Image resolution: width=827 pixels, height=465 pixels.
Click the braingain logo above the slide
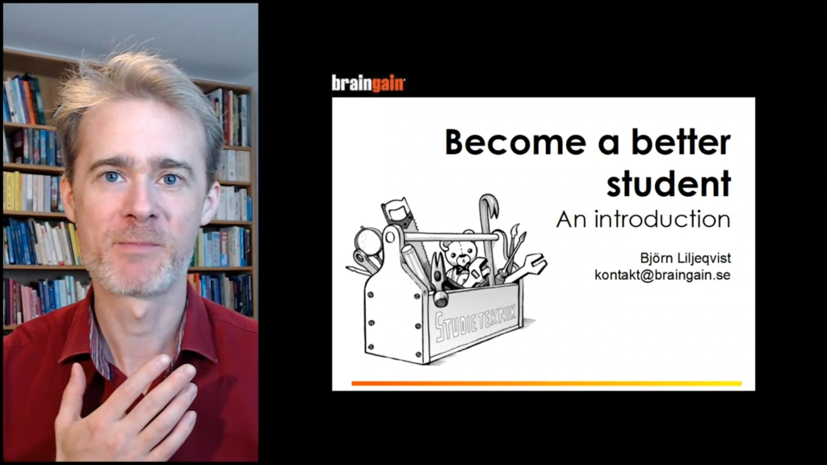pyautogui.click(x=368, y=84)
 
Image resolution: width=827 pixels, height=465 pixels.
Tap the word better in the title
pyautogui.click(x=681, y=142)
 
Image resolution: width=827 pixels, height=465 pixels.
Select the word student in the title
pyautogui.click(x=668, y=183)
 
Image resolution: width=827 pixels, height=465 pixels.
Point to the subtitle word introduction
pyautogui.click(x=662, y=220)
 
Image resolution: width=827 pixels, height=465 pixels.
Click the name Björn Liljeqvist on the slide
pyautogui.click(x=685, y=258)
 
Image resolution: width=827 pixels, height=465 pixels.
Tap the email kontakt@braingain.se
pyautogui.click(x=662, y=274)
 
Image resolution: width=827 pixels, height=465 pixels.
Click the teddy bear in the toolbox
pyautogui.click(x=459, y=261)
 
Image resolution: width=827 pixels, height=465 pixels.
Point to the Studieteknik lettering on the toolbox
pyautogui.click(x=475, y=320)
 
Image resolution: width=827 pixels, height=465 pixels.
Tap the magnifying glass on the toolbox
pyautogui.click(x=367, y=241)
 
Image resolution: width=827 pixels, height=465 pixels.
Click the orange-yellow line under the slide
pyautogui.click(x=547, y=383)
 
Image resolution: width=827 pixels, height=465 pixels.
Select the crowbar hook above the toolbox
pyautogui.click(x=489, y=207)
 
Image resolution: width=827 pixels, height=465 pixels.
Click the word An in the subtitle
pyautogui.click(x=571, y=220)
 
